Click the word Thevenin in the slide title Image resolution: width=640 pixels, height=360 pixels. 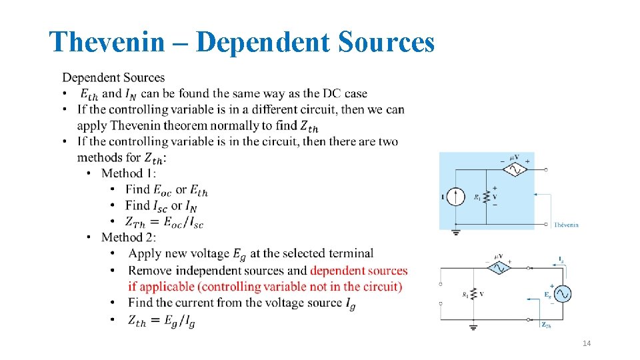[x=107, y=43]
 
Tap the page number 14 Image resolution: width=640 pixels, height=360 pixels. [x=587, y=343]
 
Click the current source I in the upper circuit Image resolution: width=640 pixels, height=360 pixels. [x=456, y=197]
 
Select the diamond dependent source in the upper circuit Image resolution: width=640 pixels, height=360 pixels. [x=514, y=169]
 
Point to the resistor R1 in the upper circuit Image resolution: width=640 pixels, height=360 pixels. [x=486, y=197]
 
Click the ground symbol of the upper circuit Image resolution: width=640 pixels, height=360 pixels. [x=456, y=233]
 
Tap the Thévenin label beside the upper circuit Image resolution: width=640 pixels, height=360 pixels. [x=566, y=225]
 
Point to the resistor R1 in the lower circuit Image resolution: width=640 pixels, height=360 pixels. [x=473, y=293]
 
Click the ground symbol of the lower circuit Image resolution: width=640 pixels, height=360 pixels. [x=473, y=327]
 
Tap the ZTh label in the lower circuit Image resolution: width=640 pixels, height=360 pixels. [x=545, y=325]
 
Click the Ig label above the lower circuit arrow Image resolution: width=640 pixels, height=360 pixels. [x=561, y=259]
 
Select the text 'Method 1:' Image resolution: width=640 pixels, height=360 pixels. [x=129, y=173]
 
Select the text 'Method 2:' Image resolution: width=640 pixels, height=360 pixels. [x=129, y=237]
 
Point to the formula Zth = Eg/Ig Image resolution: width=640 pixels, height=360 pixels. [x=162, y=321]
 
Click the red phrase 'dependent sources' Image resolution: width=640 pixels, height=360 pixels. [x=359, y=271]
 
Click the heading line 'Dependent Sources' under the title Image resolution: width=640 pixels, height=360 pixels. [x=113, y=78]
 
